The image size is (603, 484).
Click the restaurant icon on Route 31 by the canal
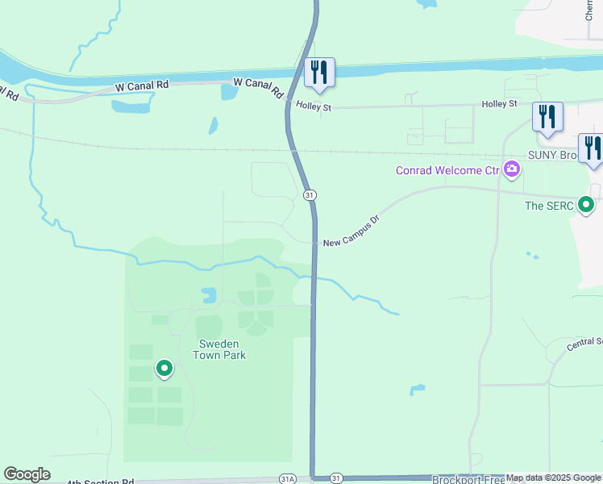tap(319, 73)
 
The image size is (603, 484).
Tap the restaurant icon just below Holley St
tap(547, 116)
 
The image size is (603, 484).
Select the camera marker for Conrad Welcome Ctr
tap(511, 169)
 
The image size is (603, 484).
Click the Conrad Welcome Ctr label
tap(447, 170)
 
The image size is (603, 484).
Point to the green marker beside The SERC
tap(587, 206)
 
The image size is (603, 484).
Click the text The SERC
tap(549, 206)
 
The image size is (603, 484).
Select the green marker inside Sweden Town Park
tap(164, 369)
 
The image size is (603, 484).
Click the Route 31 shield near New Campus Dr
tap(310, 195)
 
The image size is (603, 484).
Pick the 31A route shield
tap(288, 478)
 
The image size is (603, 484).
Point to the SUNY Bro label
tap(554, 155)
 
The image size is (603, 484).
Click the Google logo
tap(27, 474)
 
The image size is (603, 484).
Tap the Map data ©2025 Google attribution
tap(553, 478)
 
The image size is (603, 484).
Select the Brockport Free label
tap(468, 479)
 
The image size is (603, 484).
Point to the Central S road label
tap(584, 343)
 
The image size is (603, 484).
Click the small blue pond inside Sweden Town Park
tap(209, 294)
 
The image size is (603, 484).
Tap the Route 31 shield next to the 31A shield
tap(336, 478)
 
